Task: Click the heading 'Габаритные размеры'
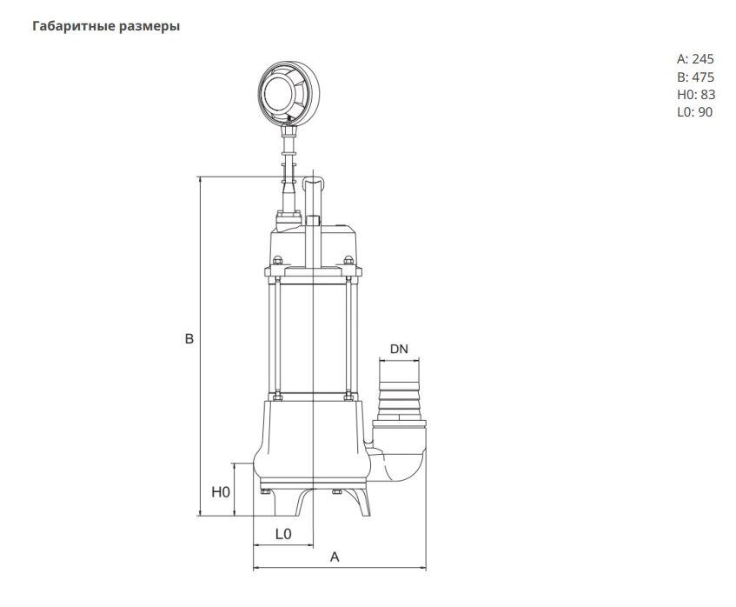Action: (106, 27)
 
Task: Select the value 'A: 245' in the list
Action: (695, 59)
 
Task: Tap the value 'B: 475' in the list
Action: (695, 77)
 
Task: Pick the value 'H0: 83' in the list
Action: (695, 94)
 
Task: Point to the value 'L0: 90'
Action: (695, 111)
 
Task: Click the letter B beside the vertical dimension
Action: (189, 339)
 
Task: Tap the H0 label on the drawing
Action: (221, 491)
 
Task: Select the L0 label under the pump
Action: (282, 533)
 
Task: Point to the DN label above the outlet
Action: (399, 349)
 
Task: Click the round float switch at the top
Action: (288, 91)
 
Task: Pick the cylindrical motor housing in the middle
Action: (313, 339)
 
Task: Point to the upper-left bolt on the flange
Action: (278, 260)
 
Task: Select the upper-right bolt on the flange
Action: (348, 260)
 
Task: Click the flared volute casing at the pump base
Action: (313, 444)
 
